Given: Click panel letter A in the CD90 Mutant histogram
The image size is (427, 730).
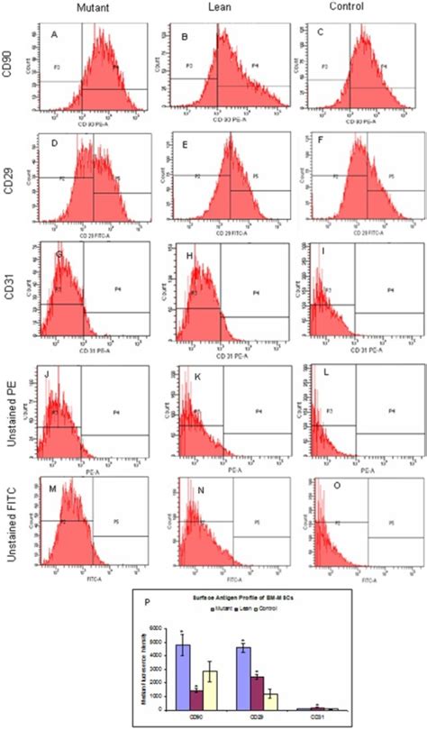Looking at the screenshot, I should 54,35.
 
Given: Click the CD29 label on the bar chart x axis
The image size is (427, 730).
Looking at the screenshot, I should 257,717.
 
